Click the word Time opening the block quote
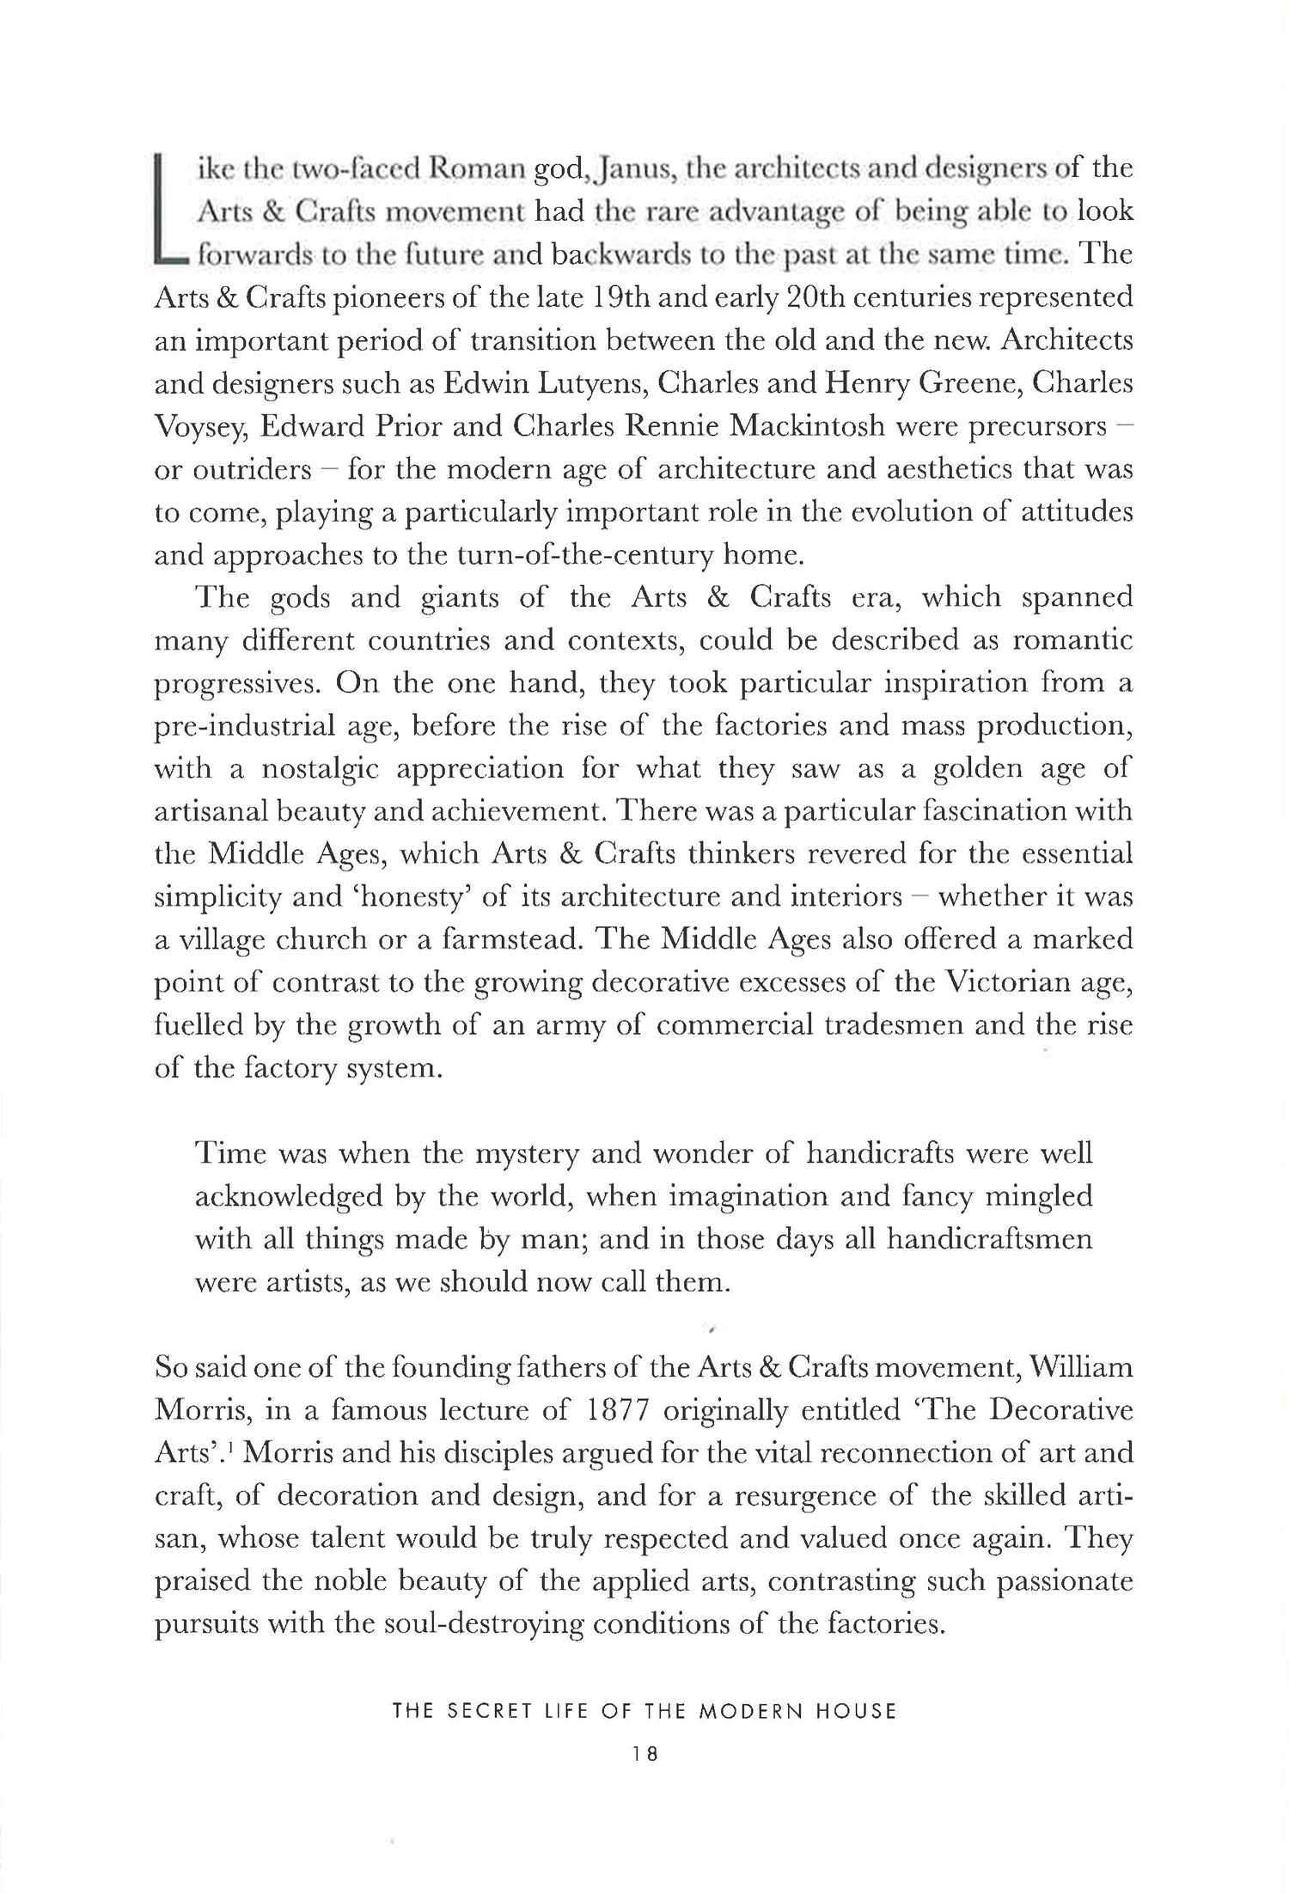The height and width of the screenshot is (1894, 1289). [230, 1153]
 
